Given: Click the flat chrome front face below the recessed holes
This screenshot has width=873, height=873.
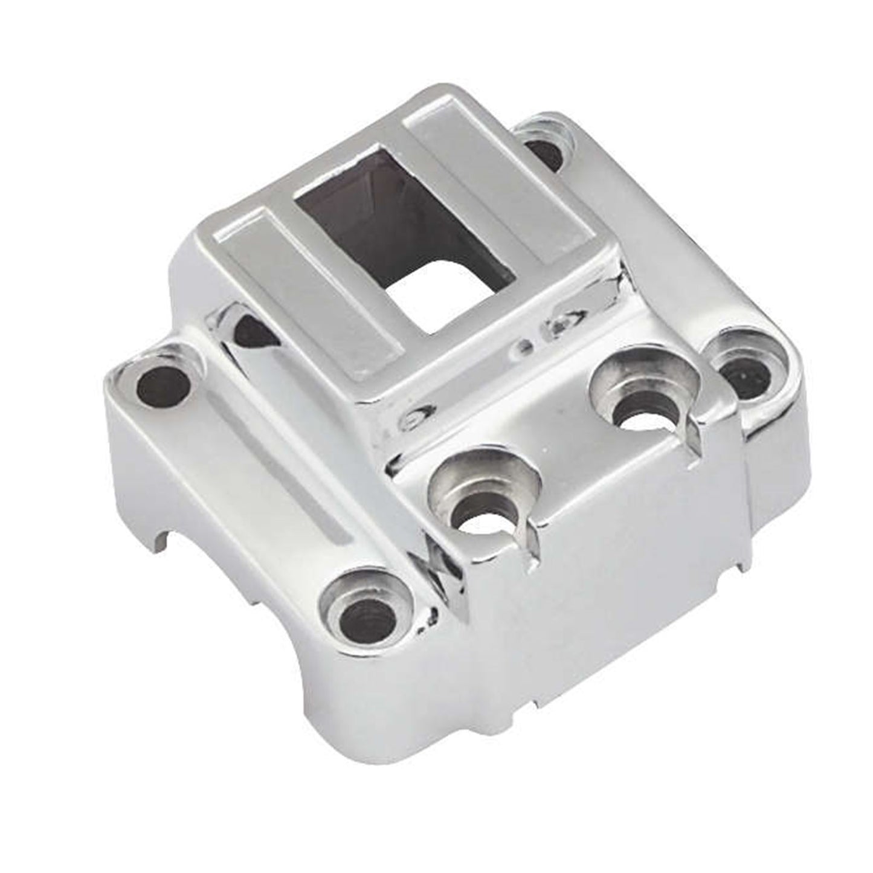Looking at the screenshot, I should pos(604,604).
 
